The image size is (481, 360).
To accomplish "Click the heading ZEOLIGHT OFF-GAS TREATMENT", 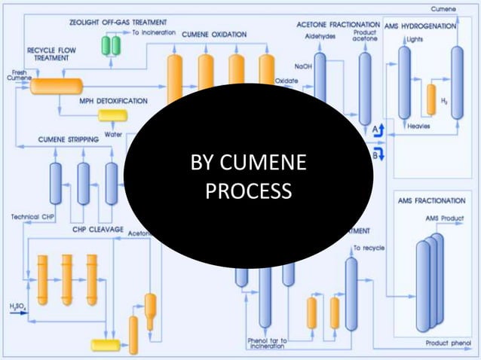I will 119,22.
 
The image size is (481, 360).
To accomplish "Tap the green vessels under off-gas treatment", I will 112,45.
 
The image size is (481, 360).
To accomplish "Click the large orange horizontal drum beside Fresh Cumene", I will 57,86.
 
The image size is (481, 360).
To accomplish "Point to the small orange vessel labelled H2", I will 431,99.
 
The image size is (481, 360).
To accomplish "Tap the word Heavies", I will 418,126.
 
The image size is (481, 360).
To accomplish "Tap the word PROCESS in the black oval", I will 248,191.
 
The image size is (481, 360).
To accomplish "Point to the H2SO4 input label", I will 17,307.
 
